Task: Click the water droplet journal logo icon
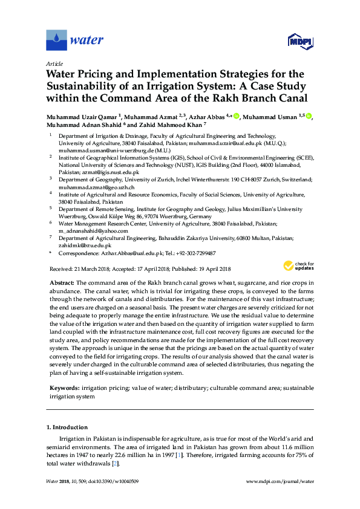tap(56, 41)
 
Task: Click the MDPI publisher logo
tap(300, 42)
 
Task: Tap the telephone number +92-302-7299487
tap(195, 254)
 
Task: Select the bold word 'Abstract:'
tap(61, 284)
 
